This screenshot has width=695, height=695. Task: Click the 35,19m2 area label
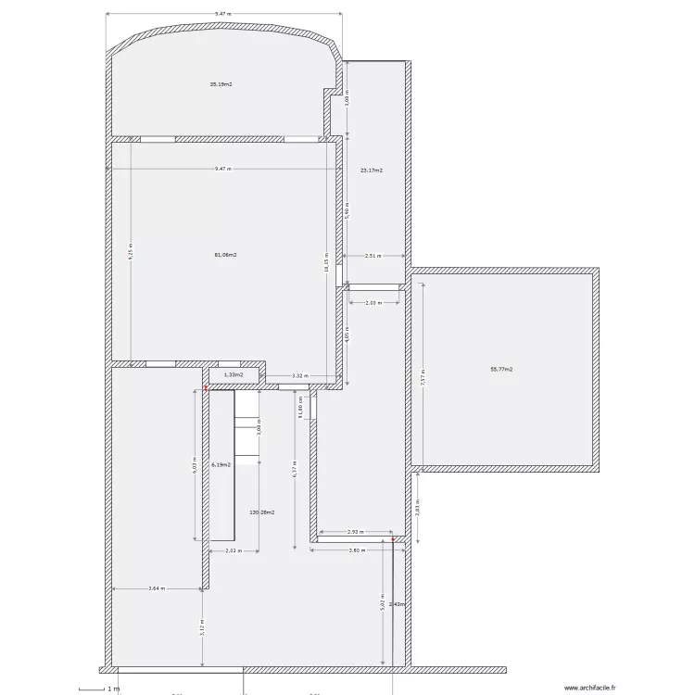point(221,84)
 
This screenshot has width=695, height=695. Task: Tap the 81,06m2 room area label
point(225,255)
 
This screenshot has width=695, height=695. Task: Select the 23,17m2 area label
point(372,171)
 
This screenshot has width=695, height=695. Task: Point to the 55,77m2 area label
point(501,369)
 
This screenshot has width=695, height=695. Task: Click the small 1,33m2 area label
point(233,375)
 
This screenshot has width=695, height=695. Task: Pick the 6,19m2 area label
point(221,465)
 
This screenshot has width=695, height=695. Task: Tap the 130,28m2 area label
point(262,512)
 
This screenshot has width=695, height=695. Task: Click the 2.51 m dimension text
point(373,256)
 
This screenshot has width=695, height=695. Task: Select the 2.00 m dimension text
point(373,303)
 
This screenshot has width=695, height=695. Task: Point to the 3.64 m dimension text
point(156,588)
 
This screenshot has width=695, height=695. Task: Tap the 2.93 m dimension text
point(355,532)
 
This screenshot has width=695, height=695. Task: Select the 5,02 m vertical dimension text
point(383,602)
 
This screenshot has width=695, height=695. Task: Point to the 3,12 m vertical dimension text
point(202,627)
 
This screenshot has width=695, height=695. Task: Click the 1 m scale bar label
point(114,689)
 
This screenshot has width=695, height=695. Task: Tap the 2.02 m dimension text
point(234,550)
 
